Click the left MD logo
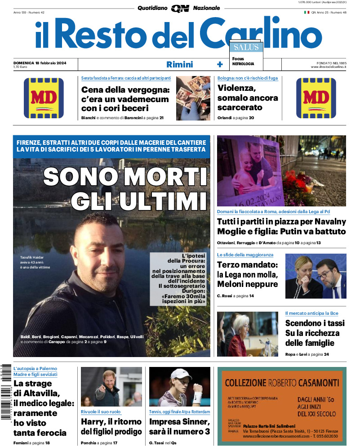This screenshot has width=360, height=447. (x=44, y=98)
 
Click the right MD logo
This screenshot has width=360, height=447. (x=316, y=98)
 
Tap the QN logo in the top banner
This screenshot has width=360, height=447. (x=180, y=8)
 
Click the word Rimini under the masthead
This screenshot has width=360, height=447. (x=179, y=64)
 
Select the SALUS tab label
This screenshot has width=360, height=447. (x=245, y=47)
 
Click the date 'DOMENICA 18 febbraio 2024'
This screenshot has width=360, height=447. (x=40, y=63)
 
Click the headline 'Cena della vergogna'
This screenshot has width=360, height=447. (x=125, y=90)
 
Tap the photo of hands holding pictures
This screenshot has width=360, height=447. (x=193, y=98)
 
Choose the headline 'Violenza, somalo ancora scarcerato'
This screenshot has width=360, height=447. (x=247, y=98)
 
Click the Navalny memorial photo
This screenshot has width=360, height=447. (x=281, y=171)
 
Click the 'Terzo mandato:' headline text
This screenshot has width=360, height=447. (x=248, y=265)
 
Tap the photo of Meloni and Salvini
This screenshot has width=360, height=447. (x=316, y=276)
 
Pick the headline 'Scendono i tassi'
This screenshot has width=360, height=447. (x=315, y=323)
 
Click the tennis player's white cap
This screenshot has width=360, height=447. (x=181, y=374)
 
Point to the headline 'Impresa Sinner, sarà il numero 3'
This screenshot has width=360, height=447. (x=179, y=427)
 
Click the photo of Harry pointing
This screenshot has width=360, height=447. (x=111, y=387)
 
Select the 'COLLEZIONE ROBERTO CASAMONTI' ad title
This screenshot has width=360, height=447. (x=279, y=383)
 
